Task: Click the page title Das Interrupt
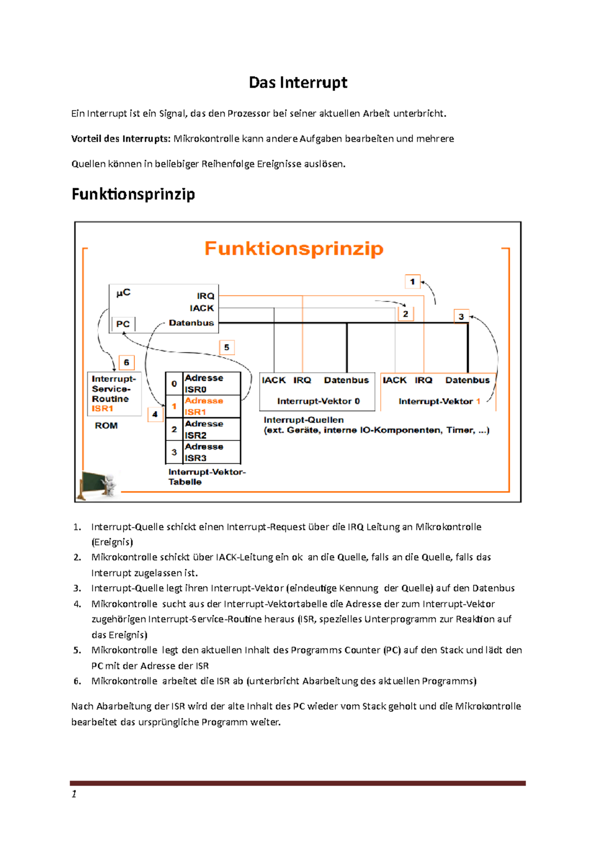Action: [x=297, y=82]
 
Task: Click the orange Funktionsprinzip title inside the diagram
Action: [x=294, y=248]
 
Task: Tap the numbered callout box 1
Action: [x=412, y=282]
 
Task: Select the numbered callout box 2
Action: [x=406, y=314]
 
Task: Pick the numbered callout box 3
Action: [x=461, y=316]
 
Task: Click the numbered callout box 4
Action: [x=155, y=414]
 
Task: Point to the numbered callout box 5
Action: [x=227, y=347]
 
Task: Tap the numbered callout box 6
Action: [x=126, y=362]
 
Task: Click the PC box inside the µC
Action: [x=123, y=324]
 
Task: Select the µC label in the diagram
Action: [x=123, y=293]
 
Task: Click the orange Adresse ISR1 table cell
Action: [x=204, y=406]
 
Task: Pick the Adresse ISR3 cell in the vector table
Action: [x=204, y=452]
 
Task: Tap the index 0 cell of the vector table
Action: [x=174, y=383]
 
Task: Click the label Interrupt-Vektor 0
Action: [x=318, y=401]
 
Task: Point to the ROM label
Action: [x=106, y=425]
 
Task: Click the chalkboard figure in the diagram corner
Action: [x=99, y=483]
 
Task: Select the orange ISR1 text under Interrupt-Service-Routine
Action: [x=103, y=409]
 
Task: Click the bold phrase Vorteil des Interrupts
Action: [x=121, y=139]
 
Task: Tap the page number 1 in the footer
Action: [x=74, y=794]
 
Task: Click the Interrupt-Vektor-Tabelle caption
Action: [x=207, y=477]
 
